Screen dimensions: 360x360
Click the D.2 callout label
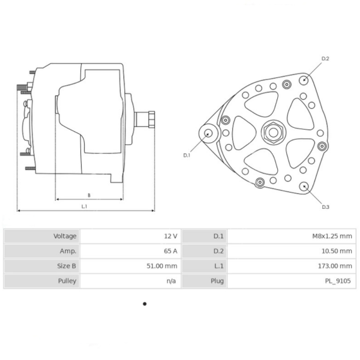click(x=325, y=59)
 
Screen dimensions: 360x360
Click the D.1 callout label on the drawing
click(x=187, y=155)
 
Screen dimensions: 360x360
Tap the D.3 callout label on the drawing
click(x=325, y=207)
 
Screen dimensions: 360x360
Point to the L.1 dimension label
click(x=85, y=206)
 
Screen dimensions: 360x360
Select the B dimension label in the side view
click(x=89, y=195)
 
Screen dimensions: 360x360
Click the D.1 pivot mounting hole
click(x=208, y=134)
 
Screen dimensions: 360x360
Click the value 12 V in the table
click(x=171, y=236)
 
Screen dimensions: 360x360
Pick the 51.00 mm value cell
click(x=163, y=266)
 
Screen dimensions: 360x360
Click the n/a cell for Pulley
click(x=171, y=281)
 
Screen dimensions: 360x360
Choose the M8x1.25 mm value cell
click(x=329, y=236)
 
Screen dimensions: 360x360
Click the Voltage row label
click(x=65, y=236)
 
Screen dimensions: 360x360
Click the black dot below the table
click(x=145, y=304)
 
